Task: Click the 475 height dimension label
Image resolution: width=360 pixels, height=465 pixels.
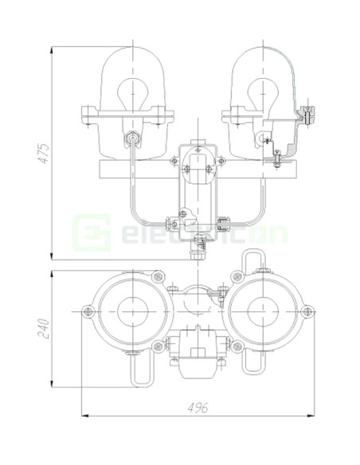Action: click(45, 152)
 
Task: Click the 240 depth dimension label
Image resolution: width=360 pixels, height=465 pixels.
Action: click(45, 326)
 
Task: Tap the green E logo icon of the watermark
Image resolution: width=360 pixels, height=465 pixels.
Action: click(86, 232)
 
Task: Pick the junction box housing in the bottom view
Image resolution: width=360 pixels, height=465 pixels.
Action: click(197, 352)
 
